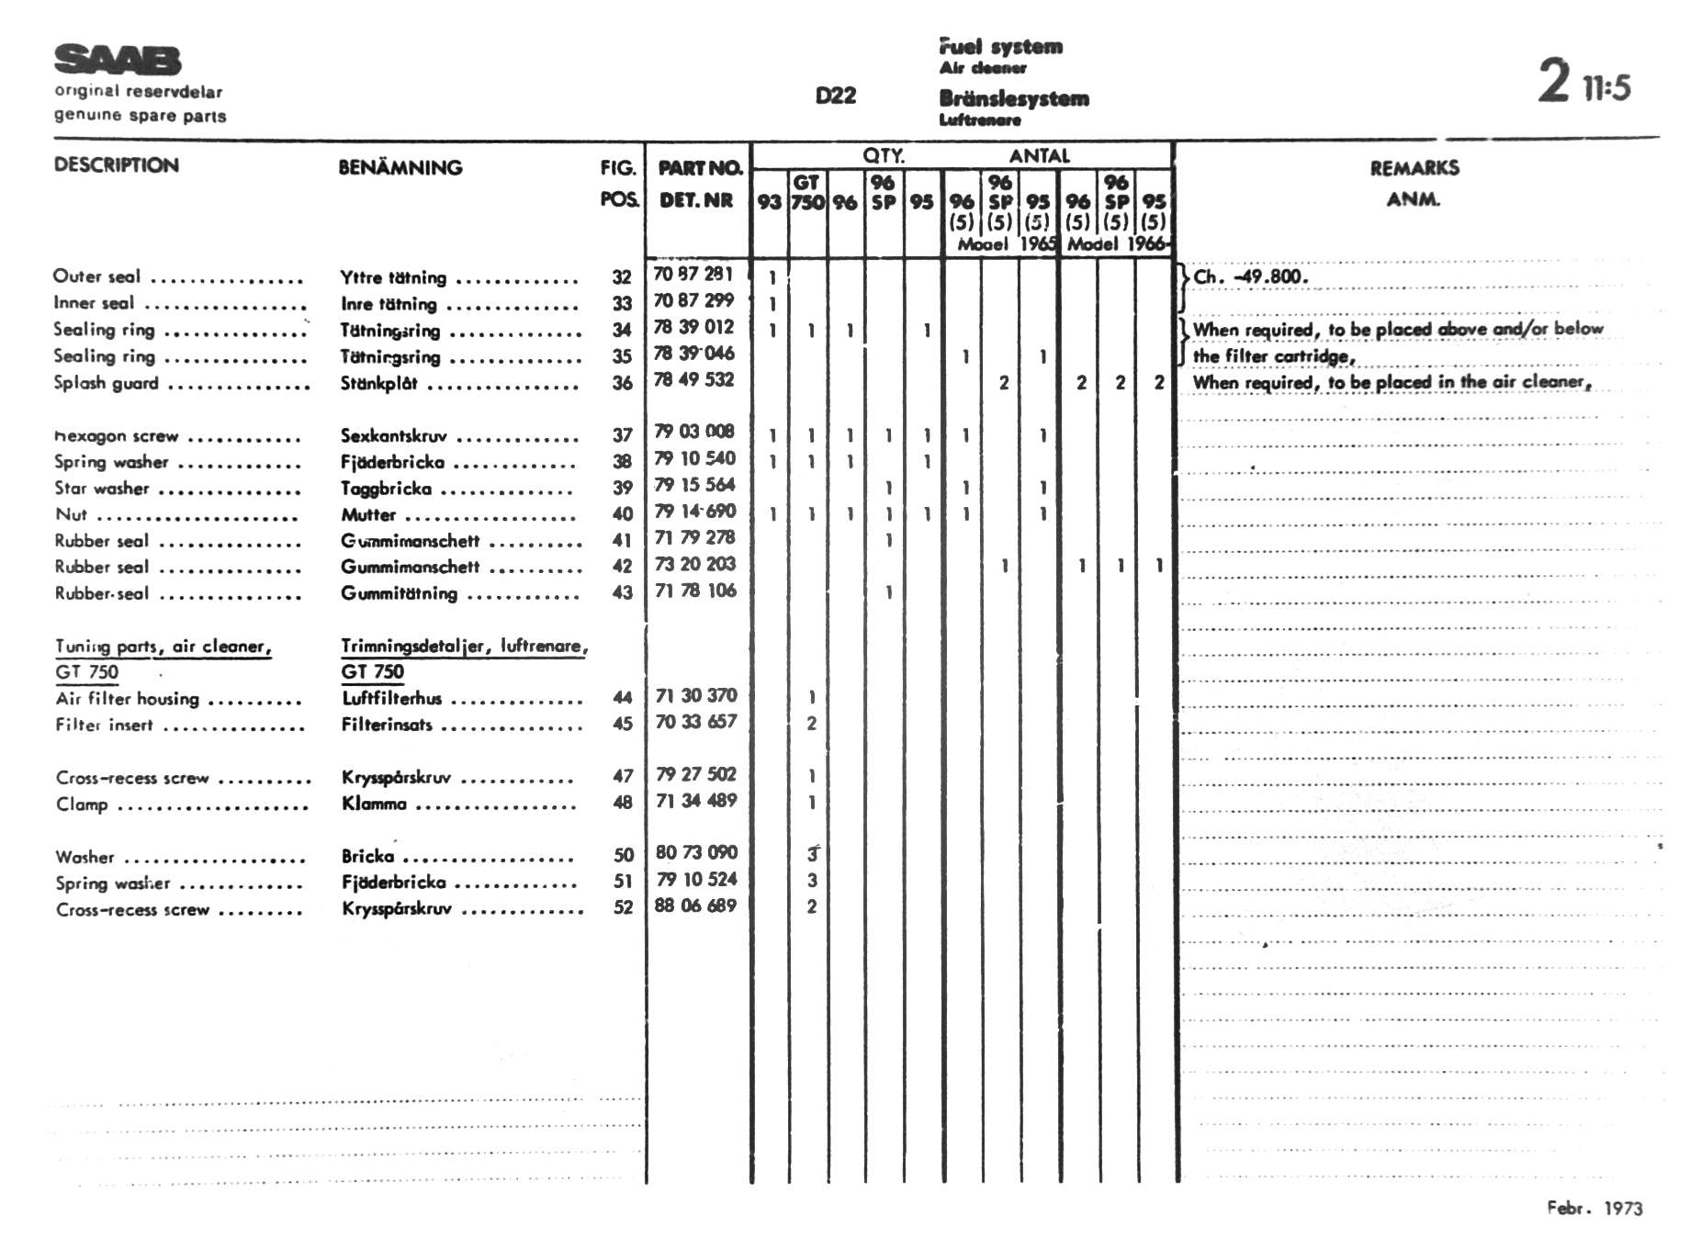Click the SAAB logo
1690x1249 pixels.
[118, 60]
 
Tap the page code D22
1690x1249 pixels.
[835, 96]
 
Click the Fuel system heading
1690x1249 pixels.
[1000, 46]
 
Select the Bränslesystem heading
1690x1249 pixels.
[1013, 98]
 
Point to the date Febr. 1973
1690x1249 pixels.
[1594, 1208]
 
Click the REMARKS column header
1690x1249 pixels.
[1414, 168]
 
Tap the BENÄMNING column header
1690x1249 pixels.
[400, 167]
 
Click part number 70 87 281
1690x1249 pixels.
[693, 274]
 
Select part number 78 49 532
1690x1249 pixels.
[693, 380]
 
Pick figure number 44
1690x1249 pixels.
[622, 698]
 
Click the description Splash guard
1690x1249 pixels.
[106, 383]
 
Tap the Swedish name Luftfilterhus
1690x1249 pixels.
[391, 698]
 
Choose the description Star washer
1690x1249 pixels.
[101, 489]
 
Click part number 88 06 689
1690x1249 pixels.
[695, 906]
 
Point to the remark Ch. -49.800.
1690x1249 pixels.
[1250, 276]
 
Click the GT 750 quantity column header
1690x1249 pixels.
[806, 193]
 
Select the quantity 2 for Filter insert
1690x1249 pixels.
[811, 724]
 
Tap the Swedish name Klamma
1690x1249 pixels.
[374, 804]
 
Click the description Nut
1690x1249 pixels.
[72, 515]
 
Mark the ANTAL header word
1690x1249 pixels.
[1039, 156]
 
